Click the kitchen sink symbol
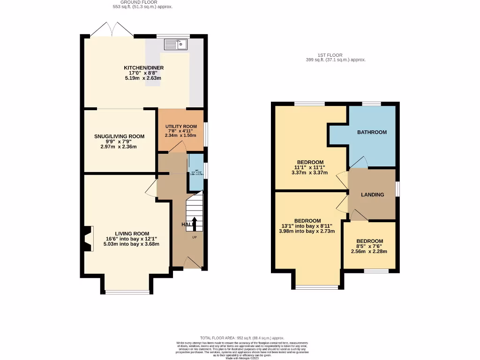[x=176, y=45]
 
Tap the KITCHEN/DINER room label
[x=143, y=68]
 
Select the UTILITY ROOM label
[x=180, y=127]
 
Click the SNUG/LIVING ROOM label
[x=120, y=136]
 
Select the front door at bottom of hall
[x=192, y=263]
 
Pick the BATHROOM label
[x=372, y=132]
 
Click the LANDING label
[x=373, y=195]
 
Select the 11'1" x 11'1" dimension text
[x=310, y=167]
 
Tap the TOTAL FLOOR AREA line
[x=242, y=338]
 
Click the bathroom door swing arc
[x=359, y=162]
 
